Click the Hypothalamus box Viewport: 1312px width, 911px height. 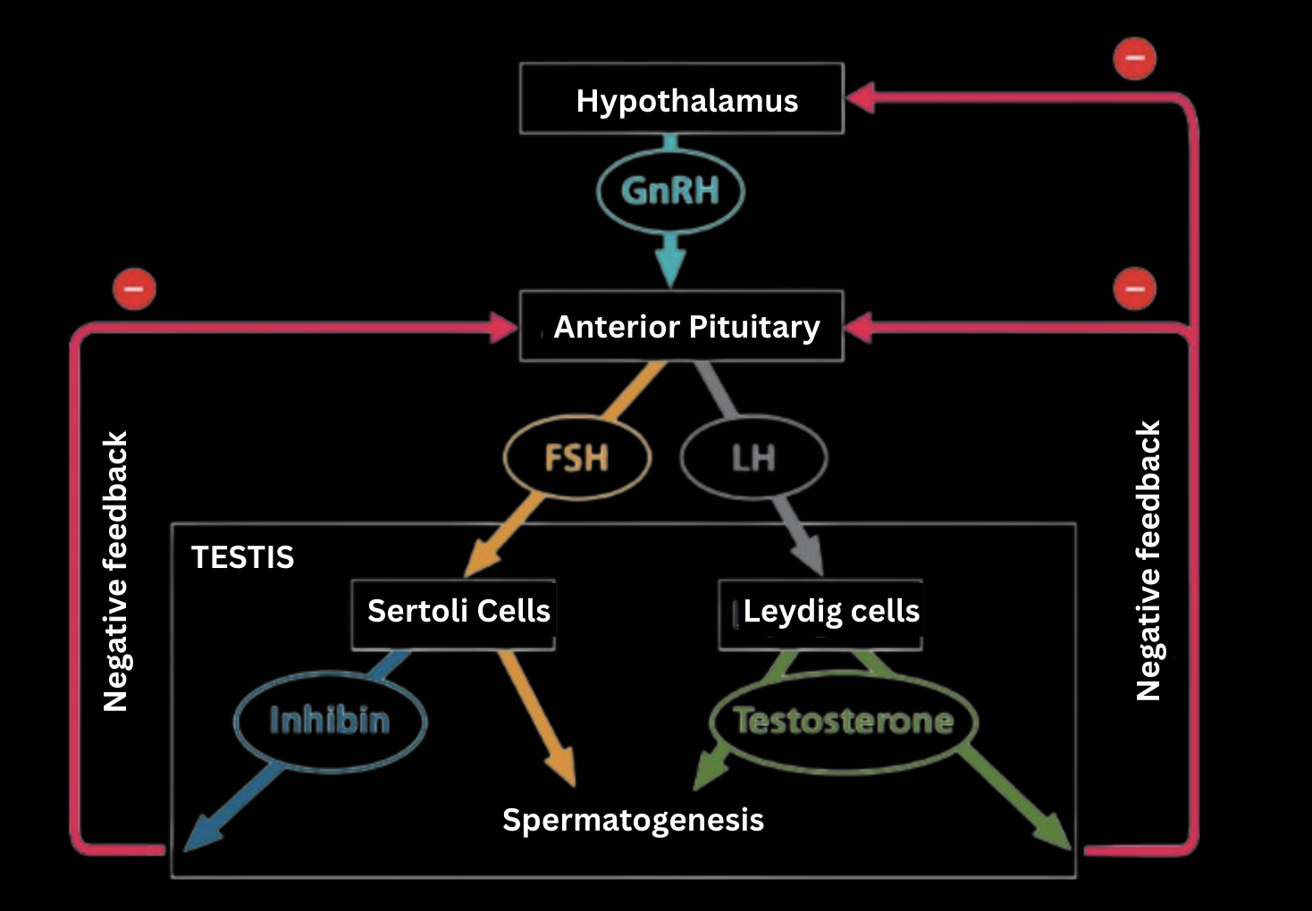pyautogui.click(x=682, y=99)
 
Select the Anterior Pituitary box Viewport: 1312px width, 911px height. pyautogui.click(x=682, y=326)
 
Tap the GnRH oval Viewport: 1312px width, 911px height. pyautogui.click(x=670, y=191)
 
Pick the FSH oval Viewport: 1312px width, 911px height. pyautogui.click(x=577, y=458)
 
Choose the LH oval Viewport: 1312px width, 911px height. pyautogui.click(x=753, y=458)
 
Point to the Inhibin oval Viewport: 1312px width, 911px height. pyautogui.click(x=330, y=720)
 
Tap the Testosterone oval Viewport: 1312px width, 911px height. pyautogui.click(x=843, y=720)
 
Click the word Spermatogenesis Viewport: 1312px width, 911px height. pyautogui.click(x=633, y=820)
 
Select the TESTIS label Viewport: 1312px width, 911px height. pyautogui.click(x=242, y=557)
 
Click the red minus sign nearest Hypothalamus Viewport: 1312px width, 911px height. pyautogui.click(x=1135, y=59)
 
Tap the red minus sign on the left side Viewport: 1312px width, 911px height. pyautogui.click(x=134, y=289)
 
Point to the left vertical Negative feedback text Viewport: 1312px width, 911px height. pyautogui.click(x=116, y=572)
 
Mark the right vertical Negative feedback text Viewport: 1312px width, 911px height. pyautogui.click(x=1148, y=561)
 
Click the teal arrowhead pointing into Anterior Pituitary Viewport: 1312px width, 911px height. pyautogui.click(x=670, y=265)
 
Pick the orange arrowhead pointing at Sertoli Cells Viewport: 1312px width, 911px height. pyautogui.click(x=482, y=560)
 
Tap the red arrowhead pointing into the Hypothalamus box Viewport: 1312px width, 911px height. pyautogui.click(x=860, y=97)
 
